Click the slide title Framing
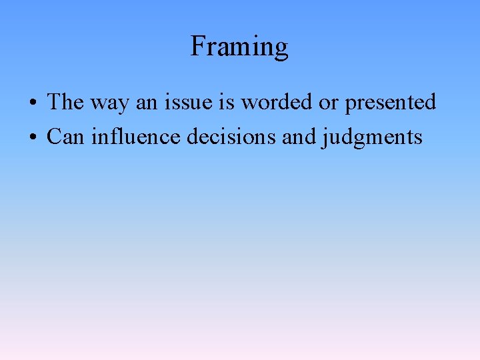pos(239,47)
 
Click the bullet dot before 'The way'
pos(32,103)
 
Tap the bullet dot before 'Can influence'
pos(32,138)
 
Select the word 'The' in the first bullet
pos(64,102)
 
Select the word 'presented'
pos(390,103)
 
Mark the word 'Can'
pos(65,137)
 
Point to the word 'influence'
pos(137,137)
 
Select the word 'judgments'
pos(372,138)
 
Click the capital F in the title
pos(197,46)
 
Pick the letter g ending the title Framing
pos(280,49)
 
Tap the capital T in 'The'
pos(54,102)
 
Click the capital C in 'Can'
pos(54,137)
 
